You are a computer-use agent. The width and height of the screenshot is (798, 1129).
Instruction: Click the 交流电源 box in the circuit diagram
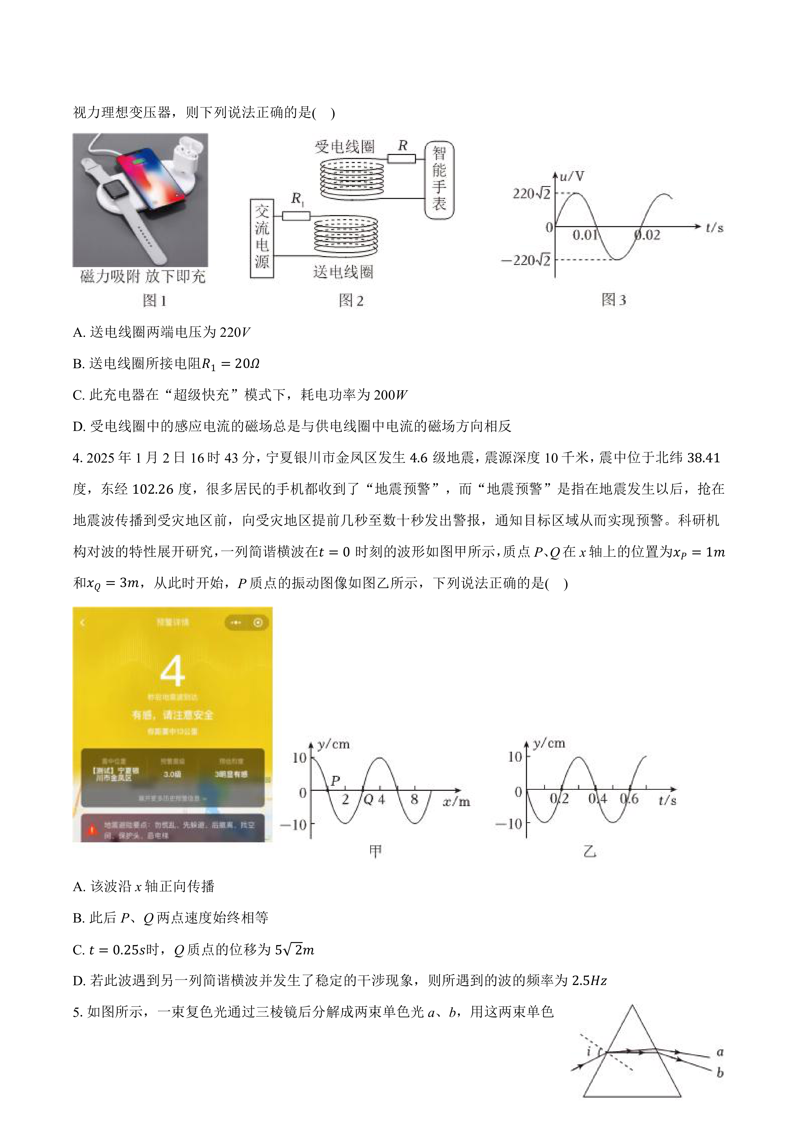coord(262,238)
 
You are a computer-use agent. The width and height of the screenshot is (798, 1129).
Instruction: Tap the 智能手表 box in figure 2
coord(439,180)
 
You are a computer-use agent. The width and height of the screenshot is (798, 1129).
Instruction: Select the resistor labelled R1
coord(296,215)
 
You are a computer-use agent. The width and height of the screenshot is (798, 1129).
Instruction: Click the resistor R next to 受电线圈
coord(402,158)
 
